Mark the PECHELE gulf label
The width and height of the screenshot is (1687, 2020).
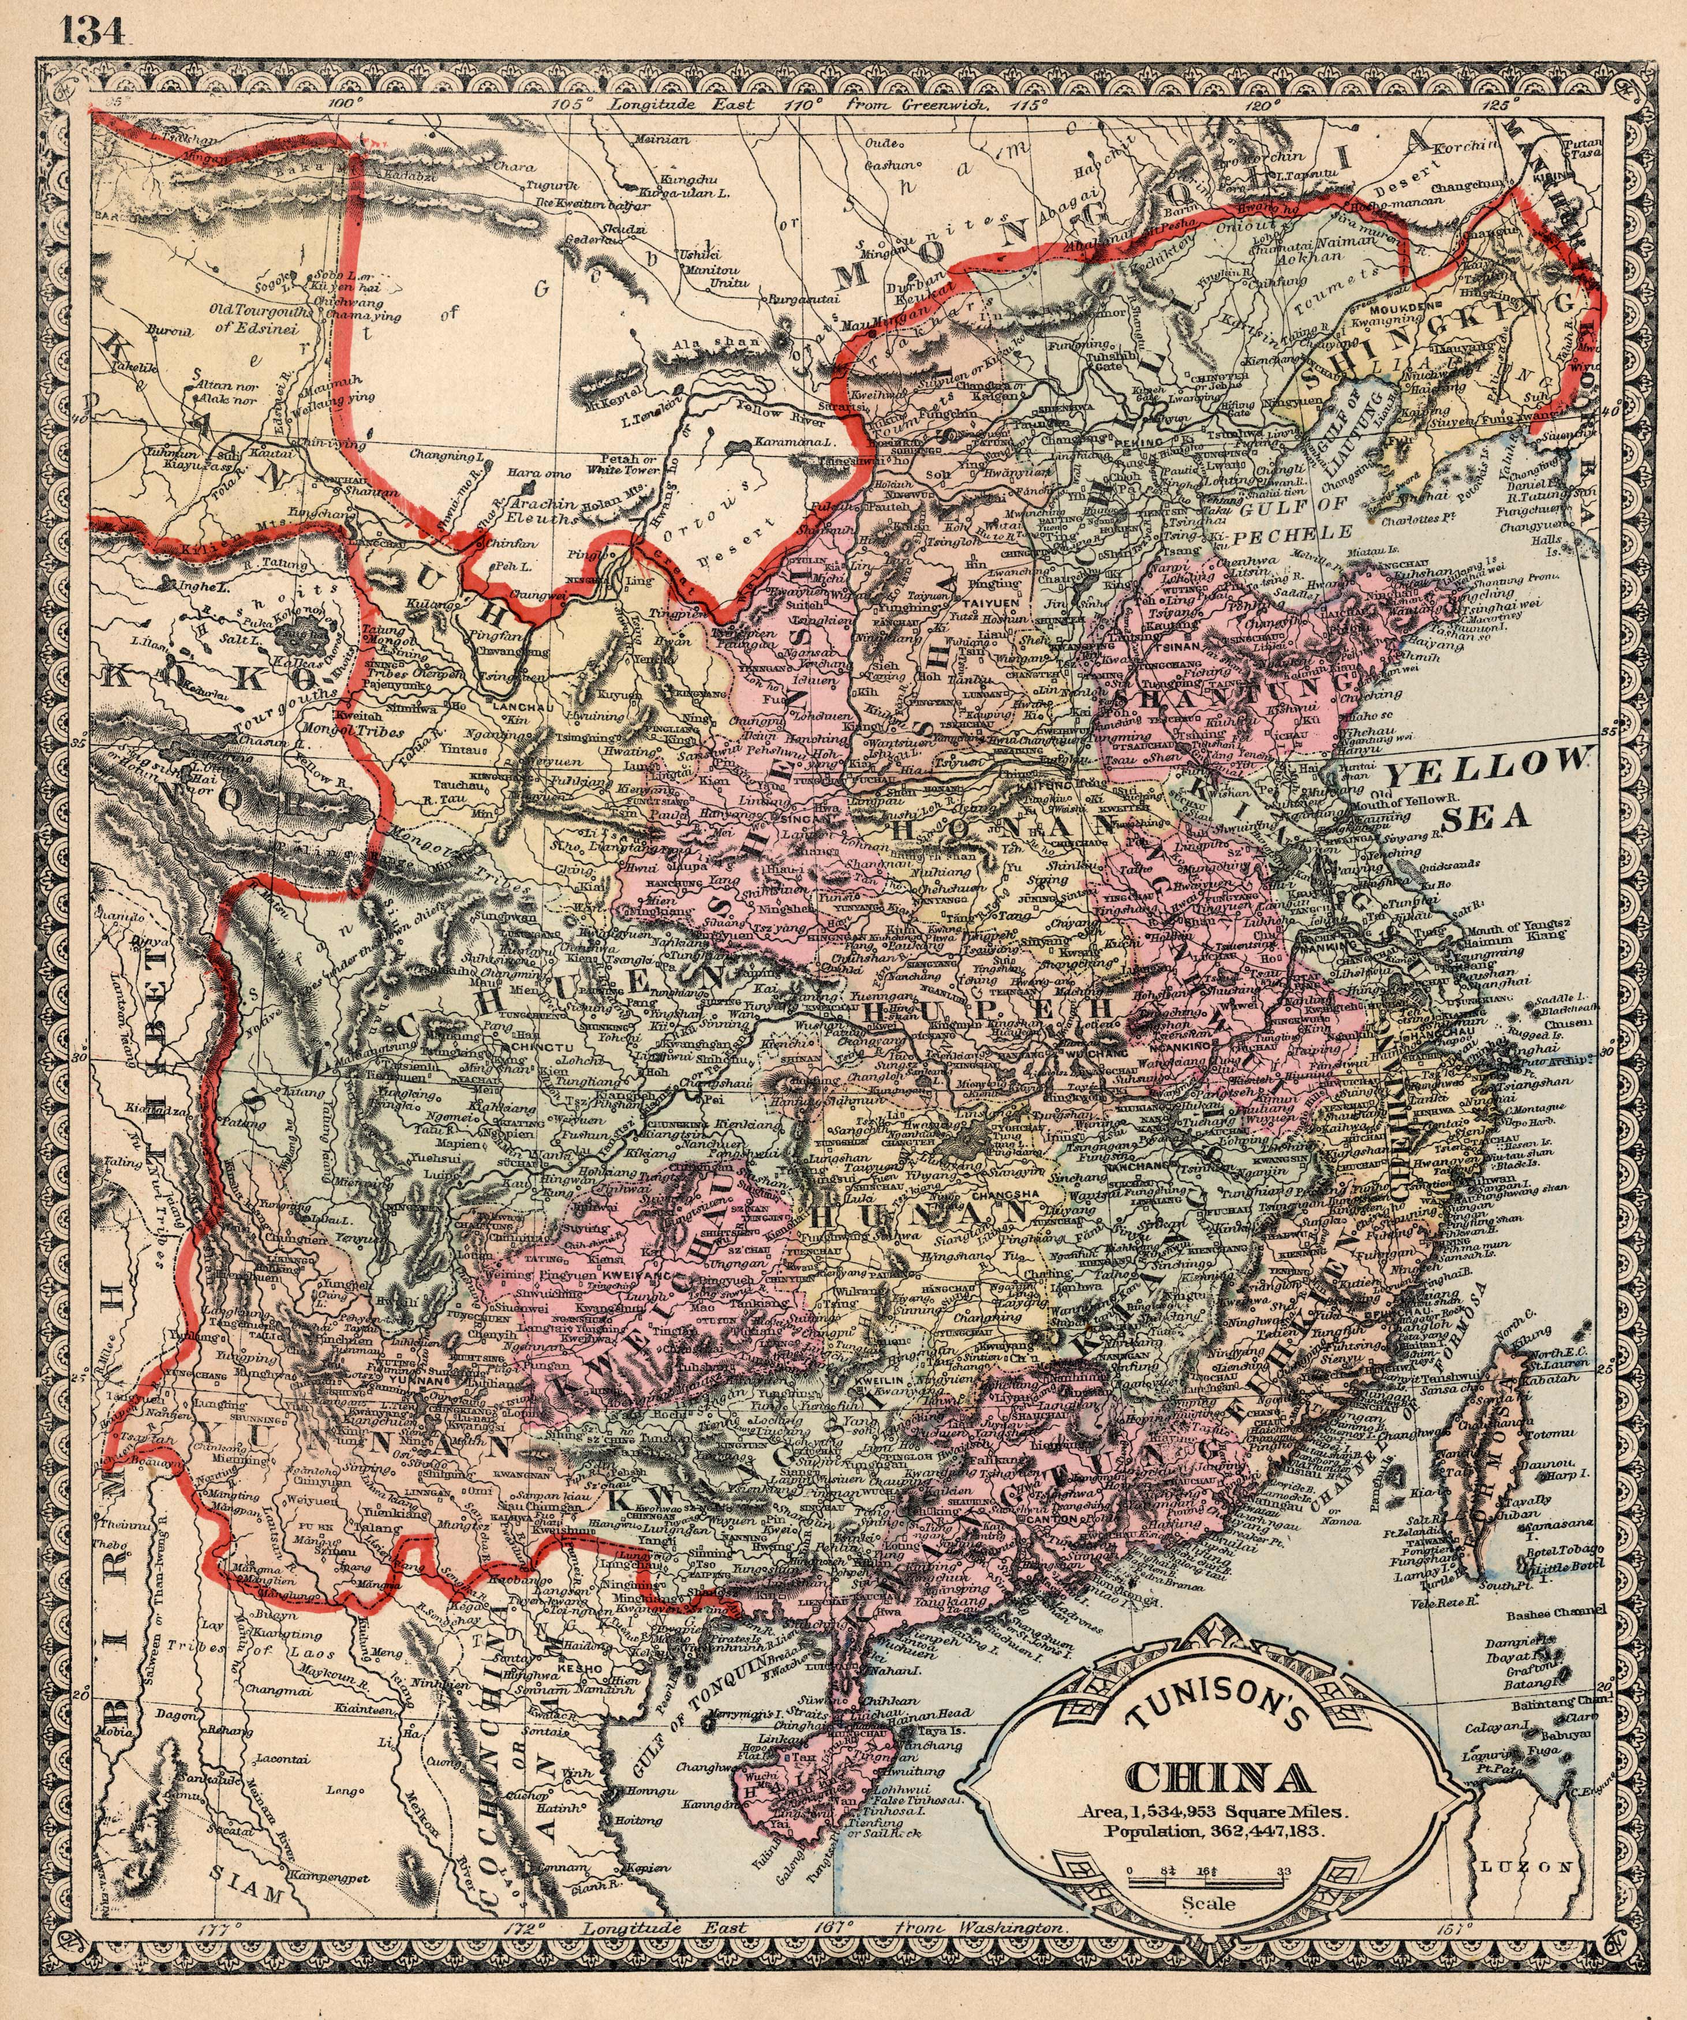1293,532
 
